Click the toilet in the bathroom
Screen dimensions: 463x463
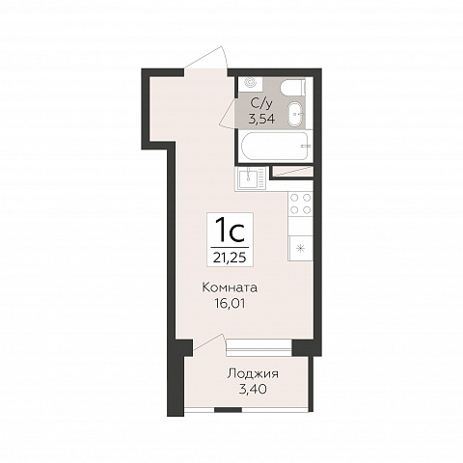(x=292, y=87)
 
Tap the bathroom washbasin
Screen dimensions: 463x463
(x=296, y=114)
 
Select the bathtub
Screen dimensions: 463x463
(x=277, y=146)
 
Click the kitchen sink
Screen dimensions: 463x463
(x=251, y=178)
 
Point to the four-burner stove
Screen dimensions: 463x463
(x=301, y=204)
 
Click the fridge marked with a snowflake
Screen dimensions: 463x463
(x=301, y=248)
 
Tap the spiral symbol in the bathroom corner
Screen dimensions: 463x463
(x=251, y=83)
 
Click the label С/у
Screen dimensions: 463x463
(x=261, y=103)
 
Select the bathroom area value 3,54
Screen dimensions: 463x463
(x=261, y=119)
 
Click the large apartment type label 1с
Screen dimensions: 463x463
(x=231, y=231)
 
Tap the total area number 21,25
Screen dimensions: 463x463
(x=230, y=258)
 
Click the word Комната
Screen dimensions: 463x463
(x=230, y=287)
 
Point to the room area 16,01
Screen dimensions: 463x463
(x=230, y=303)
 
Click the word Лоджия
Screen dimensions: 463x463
(x=253, y=374)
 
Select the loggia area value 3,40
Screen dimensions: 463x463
(x=253, y=390)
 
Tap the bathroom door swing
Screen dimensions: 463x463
(x=229, y=113)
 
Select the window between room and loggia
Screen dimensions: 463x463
(x=259, y=347)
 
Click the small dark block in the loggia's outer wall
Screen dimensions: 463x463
(x=228, y=410)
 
